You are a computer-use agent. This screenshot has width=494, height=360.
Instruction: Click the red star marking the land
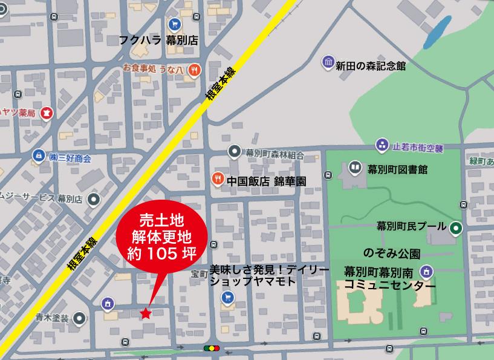[x=145, y=313]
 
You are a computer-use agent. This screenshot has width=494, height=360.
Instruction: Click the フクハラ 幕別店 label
[x=159, y=41]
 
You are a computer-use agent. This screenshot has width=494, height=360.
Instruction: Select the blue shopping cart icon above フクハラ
[x=175, y=24]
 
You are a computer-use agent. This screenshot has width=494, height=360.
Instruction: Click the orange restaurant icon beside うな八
[x=194, y=69]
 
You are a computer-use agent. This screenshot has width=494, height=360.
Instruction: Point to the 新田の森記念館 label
[x=371, y=66]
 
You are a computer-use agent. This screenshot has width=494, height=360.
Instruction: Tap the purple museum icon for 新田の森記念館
[x=328, y=62]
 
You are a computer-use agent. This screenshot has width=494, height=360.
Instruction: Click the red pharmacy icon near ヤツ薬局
[x=47, y=113]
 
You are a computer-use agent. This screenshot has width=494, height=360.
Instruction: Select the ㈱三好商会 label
[x=70, y=158]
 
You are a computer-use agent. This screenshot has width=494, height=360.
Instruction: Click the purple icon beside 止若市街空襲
[x=382, y=145]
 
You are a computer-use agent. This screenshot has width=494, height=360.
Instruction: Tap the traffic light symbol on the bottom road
[x=211, y=348]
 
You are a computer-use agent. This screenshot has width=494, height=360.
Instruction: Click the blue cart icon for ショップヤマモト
[x=228, y=297]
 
